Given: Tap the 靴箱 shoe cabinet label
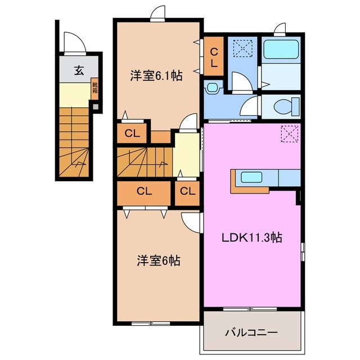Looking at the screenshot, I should [95, 88].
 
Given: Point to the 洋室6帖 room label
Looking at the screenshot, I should [158, 261].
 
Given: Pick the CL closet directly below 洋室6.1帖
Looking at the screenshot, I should [132, 133].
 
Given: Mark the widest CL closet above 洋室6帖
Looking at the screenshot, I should [144, 191].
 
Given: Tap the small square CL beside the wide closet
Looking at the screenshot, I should [187, 191].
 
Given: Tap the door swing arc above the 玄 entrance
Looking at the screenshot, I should [74, 43].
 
